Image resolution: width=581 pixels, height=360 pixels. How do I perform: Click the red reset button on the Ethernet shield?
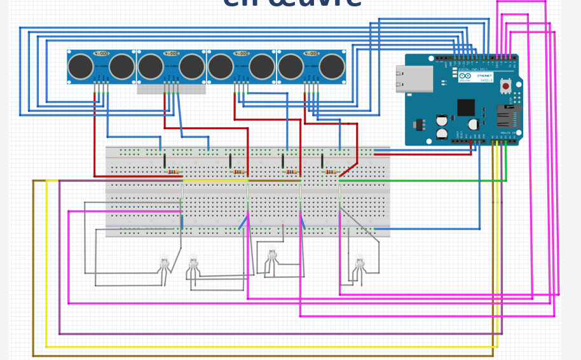click(506, 85)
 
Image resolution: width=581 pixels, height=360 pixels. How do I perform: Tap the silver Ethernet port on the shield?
click(414, 79)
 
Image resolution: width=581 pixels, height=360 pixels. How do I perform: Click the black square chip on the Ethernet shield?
click(465, 107)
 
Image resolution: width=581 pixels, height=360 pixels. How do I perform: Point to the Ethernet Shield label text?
click(484, 76)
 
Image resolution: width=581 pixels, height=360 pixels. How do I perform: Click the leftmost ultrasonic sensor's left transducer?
click(81, 67)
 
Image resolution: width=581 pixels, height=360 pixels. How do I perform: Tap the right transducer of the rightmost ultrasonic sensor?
click(332, 67)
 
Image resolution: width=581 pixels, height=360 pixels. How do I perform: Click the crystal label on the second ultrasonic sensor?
click(171, 54)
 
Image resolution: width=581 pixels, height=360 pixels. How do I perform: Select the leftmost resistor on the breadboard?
click(173, 172)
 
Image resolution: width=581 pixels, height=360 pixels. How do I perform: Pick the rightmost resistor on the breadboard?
click(331, 172)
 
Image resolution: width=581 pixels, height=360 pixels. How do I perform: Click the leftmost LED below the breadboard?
click(164, 260)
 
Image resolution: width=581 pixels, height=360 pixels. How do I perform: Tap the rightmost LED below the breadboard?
click(359, 261)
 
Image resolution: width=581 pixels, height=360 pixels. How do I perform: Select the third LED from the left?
click(272, 255)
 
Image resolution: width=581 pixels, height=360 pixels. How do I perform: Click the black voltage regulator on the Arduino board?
click(418, 125)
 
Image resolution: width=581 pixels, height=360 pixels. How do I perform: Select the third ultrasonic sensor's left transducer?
click(221, 67)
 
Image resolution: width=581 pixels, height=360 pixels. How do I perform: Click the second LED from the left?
click(193, 261)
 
